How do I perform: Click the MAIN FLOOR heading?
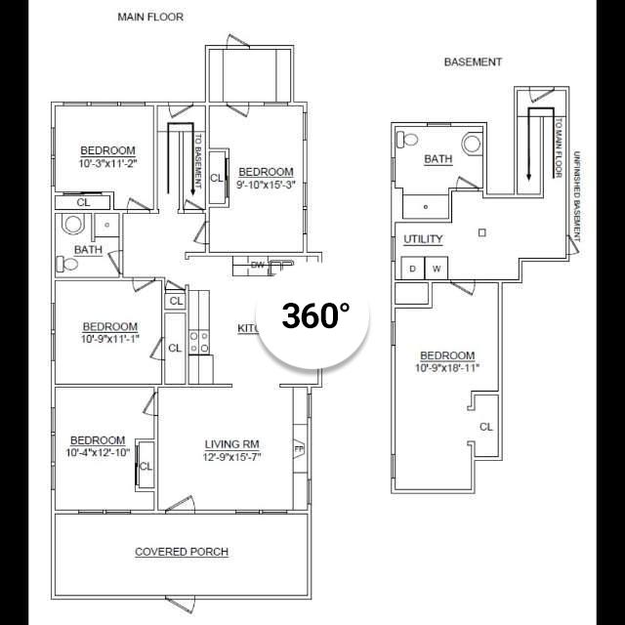149,17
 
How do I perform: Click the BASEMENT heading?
473,62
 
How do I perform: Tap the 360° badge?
315,315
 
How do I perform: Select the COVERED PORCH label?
182,552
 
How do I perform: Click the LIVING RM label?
230,444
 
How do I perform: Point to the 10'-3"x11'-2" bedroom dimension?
107,164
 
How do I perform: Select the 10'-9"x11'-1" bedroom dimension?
109,339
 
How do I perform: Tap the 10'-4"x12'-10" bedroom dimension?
98,453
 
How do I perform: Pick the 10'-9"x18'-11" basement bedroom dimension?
446,368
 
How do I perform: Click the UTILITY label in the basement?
423,239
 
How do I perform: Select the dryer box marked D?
412,268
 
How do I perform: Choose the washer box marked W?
437,268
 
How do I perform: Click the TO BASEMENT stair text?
197,160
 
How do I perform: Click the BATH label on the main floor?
88,250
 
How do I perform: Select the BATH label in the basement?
437,159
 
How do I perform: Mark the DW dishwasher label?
258,265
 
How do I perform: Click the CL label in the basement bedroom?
485,427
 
